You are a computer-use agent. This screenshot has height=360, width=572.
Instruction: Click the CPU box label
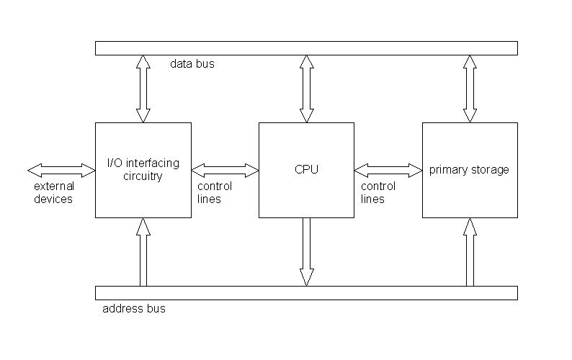306,171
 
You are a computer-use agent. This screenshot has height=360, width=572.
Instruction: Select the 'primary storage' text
469,171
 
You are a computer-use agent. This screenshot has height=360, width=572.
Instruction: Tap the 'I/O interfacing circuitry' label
143,170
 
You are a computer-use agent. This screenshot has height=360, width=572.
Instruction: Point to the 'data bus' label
192,64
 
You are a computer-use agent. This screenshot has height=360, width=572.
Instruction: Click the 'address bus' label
135,309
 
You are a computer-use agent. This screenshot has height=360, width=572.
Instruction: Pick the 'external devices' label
54,194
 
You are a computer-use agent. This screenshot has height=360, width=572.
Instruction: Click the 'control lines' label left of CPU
214,193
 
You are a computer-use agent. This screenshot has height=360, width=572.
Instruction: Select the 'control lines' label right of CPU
378,193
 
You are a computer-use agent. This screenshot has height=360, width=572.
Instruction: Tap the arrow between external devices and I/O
61,171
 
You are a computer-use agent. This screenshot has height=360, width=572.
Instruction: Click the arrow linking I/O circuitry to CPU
225,171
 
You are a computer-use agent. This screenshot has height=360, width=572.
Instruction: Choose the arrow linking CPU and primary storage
388,171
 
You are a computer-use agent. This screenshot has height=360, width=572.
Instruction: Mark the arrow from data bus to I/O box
143,89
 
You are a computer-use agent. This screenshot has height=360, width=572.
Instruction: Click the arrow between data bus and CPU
306,89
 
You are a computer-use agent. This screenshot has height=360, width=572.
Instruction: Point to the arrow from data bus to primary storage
470,89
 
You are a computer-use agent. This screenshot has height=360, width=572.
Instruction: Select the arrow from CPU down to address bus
306,251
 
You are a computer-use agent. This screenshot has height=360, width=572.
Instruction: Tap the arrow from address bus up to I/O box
143,251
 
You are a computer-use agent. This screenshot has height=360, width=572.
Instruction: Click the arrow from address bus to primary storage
470,251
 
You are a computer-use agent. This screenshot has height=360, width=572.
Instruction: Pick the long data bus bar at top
306,48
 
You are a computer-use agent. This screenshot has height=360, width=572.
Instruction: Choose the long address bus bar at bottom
306,293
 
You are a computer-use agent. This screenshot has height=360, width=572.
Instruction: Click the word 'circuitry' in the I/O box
143,176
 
